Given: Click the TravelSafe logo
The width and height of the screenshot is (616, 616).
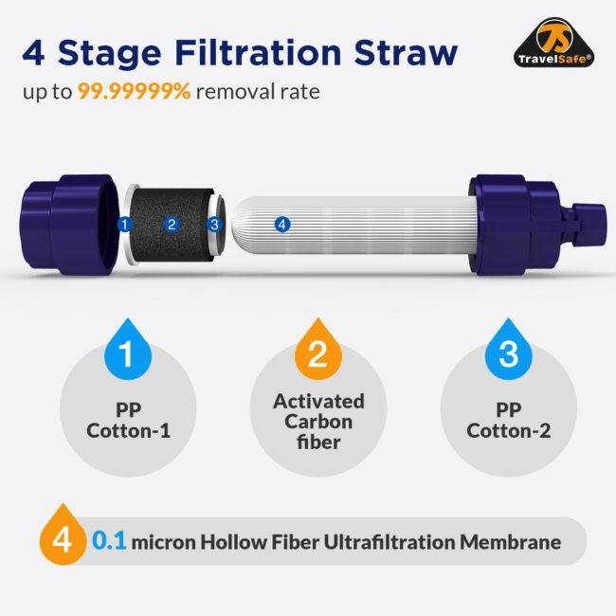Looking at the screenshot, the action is (x=553, y=43).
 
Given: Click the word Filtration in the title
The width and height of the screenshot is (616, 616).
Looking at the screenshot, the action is (x=258, y=53).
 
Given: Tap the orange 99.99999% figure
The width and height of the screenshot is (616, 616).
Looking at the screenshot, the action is (x=134, y=91).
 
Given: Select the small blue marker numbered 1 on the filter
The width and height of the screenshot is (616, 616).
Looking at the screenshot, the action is (x=125, y=225).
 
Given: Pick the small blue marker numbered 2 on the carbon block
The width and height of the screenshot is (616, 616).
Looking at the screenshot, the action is (x=172, y=225).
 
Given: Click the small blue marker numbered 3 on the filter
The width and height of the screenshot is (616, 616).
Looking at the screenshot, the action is (x=214, y=225).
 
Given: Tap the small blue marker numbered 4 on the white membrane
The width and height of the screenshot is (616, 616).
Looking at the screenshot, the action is (x=282, y=225).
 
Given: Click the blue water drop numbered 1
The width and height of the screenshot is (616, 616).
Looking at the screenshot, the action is (x=128, y=350).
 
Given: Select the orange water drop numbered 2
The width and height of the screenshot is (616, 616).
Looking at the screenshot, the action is (x=318, y=350).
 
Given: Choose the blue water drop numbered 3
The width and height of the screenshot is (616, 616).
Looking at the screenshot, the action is (x=509, y=350).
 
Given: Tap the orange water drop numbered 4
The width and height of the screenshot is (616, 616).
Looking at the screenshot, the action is (x=63, y=534).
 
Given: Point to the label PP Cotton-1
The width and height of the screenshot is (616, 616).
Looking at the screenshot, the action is (x=129, y=421).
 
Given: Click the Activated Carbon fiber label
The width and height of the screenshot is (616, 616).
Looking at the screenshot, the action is (x=318, y=422).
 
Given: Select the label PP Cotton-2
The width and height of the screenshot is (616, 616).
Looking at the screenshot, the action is (x=509, y=421).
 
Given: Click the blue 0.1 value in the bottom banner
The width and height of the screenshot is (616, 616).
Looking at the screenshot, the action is (x=109, y=541).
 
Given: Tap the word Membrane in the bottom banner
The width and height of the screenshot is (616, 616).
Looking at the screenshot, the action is (x=510, y=542).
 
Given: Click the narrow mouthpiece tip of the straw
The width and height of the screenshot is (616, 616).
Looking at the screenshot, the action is (x=589, y=226).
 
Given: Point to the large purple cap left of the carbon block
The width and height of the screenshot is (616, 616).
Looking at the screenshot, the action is (x=69, y=225).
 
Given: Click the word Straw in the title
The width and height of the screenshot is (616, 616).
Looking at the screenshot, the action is (x=406, y=53).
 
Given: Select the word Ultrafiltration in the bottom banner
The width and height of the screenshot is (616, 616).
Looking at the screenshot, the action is (x=390, y=542).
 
